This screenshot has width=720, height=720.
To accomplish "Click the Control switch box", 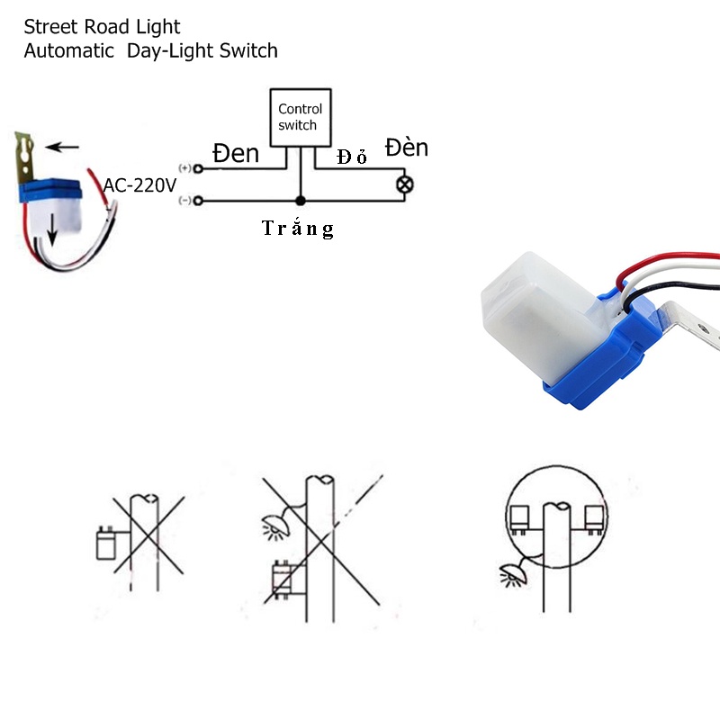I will [301, 118].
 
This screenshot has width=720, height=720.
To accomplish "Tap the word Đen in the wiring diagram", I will [236, 154].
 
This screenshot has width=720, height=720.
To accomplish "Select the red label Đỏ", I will [352, 157].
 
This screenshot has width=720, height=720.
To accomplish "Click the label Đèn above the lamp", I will [407, 148].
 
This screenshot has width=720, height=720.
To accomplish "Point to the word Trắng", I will [298, 228].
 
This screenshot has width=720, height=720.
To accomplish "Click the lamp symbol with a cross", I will [405, 184].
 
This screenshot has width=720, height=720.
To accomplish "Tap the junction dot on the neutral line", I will [301, 200].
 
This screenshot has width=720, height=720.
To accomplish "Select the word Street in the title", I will [51, 27].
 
